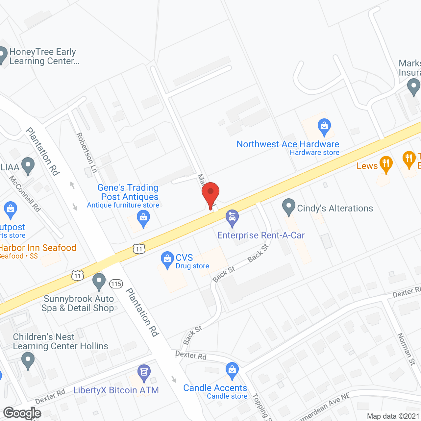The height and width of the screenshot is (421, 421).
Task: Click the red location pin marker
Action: tap(210, 193)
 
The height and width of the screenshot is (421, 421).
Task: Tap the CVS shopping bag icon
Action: tap(167, 259)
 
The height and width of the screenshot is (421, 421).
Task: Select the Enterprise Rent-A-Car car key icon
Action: tap(232, 218)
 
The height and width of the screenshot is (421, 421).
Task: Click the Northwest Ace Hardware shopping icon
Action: tap(324, 126)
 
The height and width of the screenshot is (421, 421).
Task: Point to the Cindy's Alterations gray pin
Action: tap(288, 207)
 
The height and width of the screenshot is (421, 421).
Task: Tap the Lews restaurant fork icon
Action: tap(386, 164)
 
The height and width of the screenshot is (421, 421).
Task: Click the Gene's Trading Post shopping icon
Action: tap(143, 218)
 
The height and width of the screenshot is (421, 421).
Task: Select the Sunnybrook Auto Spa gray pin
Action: tap(99, 281)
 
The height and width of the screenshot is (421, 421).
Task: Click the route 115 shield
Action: tap(116, 284)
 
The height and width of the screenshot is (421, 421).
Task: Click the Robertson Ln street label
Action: tap(87, 153)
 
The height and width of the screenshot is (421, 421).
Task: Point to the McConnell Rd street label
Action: tap(25, 194)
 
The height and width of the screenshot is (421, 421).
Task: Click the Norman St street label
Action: tap(407, 349)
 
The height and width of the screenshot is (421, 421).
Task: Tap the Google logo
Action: tap(22, 413)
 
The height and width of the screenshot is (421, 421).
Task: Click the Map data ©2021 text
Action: tap(393, 416)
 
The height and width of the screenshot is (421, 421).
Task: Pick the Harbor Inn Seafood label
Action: tap(38, 248)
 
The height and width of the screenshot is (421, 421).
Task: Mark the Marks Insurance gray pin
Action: tap(413, 87)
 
